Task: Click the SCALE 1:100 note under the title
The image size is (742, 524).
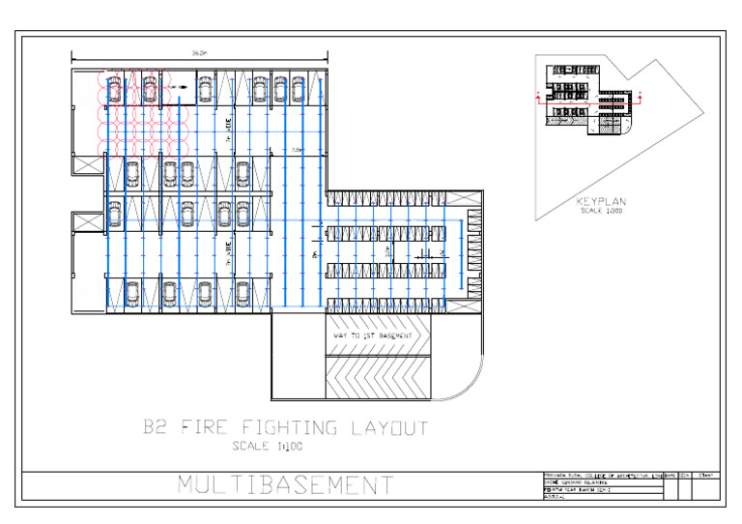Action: click(268, 446)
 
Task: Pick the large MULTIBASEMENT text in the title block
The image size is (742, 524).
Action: click(285, 485)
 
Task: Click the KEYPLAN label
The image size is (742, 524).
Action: click(601, 202)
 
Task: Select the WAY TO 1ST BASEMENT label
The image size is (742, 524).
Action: click(371, 335)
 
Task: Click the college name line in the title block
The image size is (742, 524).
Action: click(599, 476)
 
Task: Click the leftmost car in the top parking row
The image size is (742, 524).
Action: click(115, 90)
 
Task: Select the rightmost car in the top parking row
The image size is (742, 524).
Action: click(296, 90)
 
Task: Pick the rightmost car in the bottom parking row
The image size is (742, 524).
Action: click(243, 292)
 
